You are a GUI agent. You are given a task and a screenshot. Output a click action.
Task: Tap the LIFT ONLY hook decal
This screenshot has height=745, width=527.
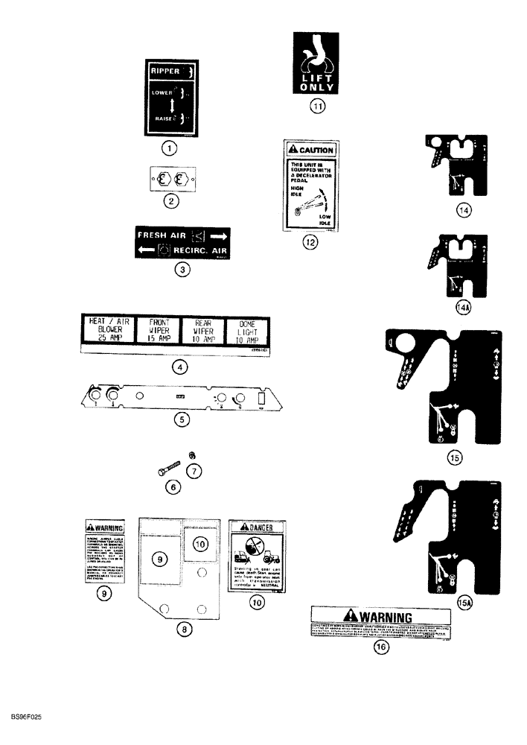(318, 63)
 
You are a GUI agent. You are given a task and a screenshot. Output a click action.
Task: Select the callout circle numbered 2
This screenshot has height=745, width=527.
(170, 200)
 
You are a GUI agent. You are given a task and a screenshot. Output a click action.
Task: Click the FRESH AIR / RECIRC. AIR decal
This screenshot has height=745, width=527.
(182, 242)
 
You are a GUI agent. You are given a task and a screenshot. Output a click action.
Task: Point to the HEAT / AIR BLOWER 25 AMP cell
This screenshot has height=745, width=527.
(106, 330)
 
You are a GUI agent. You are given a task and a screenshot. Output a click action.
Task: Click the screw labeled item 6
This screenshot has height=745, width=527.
(170, 466)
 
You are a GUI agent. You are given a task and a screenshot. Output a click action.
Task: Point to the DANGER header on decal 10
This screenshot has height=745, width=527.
(258, 528)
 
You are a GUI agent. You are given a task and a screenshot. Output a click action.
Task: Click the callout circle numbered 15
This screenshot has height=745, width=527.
(455, 458)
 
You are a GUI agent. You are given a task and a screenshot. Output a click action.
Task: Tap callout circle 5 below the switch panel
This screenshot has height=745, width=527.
(181, 420)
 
